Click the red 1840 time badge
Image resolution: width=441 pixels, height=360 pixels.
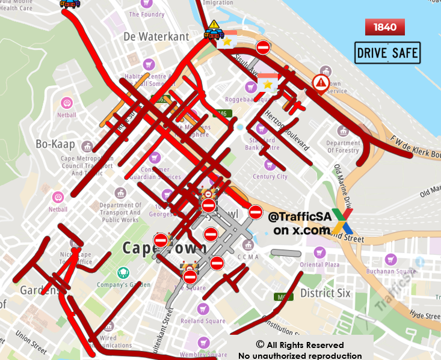click(385, 27)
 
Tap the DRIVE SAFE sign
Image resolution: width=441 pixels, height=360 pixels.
click(387, 53)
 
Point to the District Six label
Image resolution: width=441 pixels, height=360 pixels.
click(325, 293)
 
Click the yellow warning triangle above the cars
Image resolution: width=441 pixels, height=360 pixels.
click(215, 24)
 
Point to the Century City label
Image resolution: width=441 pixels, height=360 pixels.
click(270, 177)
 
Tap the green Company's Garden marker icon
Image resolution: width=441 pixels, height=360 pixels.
click(123, 272)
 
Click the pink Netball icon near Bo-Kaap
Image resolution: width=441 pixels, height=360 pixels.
click(67, 103)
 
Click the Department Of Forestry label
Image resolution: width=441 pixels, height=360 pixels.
click(343, 147)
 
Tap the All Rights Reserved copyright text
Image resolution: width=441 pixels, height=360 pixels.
click(300, 345)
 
